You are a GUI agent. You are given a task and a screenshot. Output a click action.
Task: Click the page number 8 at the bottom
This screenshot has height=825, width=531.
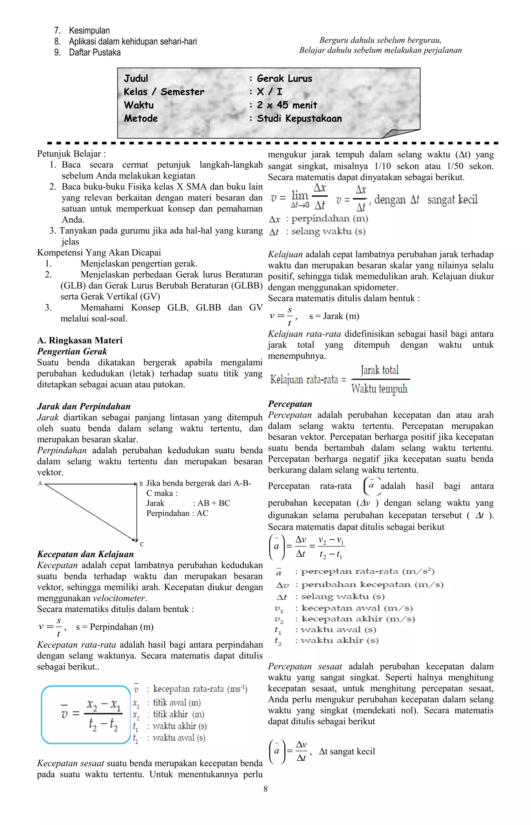tap(265, 788)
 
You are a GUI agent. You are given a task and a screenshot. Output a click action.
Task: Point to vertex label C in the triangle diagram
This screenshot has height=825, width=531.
tap(142, 544)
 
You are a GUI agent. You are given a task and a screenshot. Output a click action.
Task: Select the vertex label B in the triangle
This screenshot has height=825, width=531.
tap(141, 484)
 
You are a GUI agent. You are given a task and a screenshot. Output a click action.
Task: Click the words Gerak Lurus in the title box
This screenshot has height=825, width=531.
tap(284, 78)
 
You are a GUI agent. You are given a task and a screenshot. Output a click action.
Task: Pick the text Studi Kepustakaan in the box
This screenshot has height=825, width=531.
tap(299, 118)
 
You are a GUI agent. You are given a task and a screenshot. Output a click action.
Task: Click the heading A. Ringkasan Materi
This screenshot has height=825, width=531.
tap(80, 340)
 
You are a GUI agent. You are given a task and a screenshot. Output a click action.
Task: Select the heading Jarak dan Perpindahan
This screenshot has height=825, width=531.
tap(84, 406)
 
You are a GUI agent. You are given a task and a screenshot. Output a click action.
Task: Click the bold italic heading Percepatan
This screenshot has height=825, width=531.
tap(290, 404)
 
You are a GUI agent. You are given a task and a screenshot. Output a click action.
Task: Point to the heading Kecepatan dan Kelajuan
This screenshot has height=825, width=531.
tap(85, 554)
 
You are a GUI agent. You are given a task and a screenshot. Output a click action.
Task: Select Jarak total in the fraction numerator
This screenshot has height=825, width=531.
tap(380, 370)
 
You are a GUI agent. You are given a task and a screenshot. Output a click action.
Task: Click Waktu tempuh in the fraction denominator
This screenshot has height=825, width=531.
tap(379, 389)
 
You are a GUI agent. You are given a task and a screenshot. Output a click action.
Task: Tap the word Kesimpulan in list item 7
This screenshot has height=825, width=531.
tap(89, 30)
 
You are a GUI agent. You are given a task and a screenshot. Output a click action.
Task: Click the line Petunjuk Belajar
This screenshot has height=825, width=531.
tap(71, 154)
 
